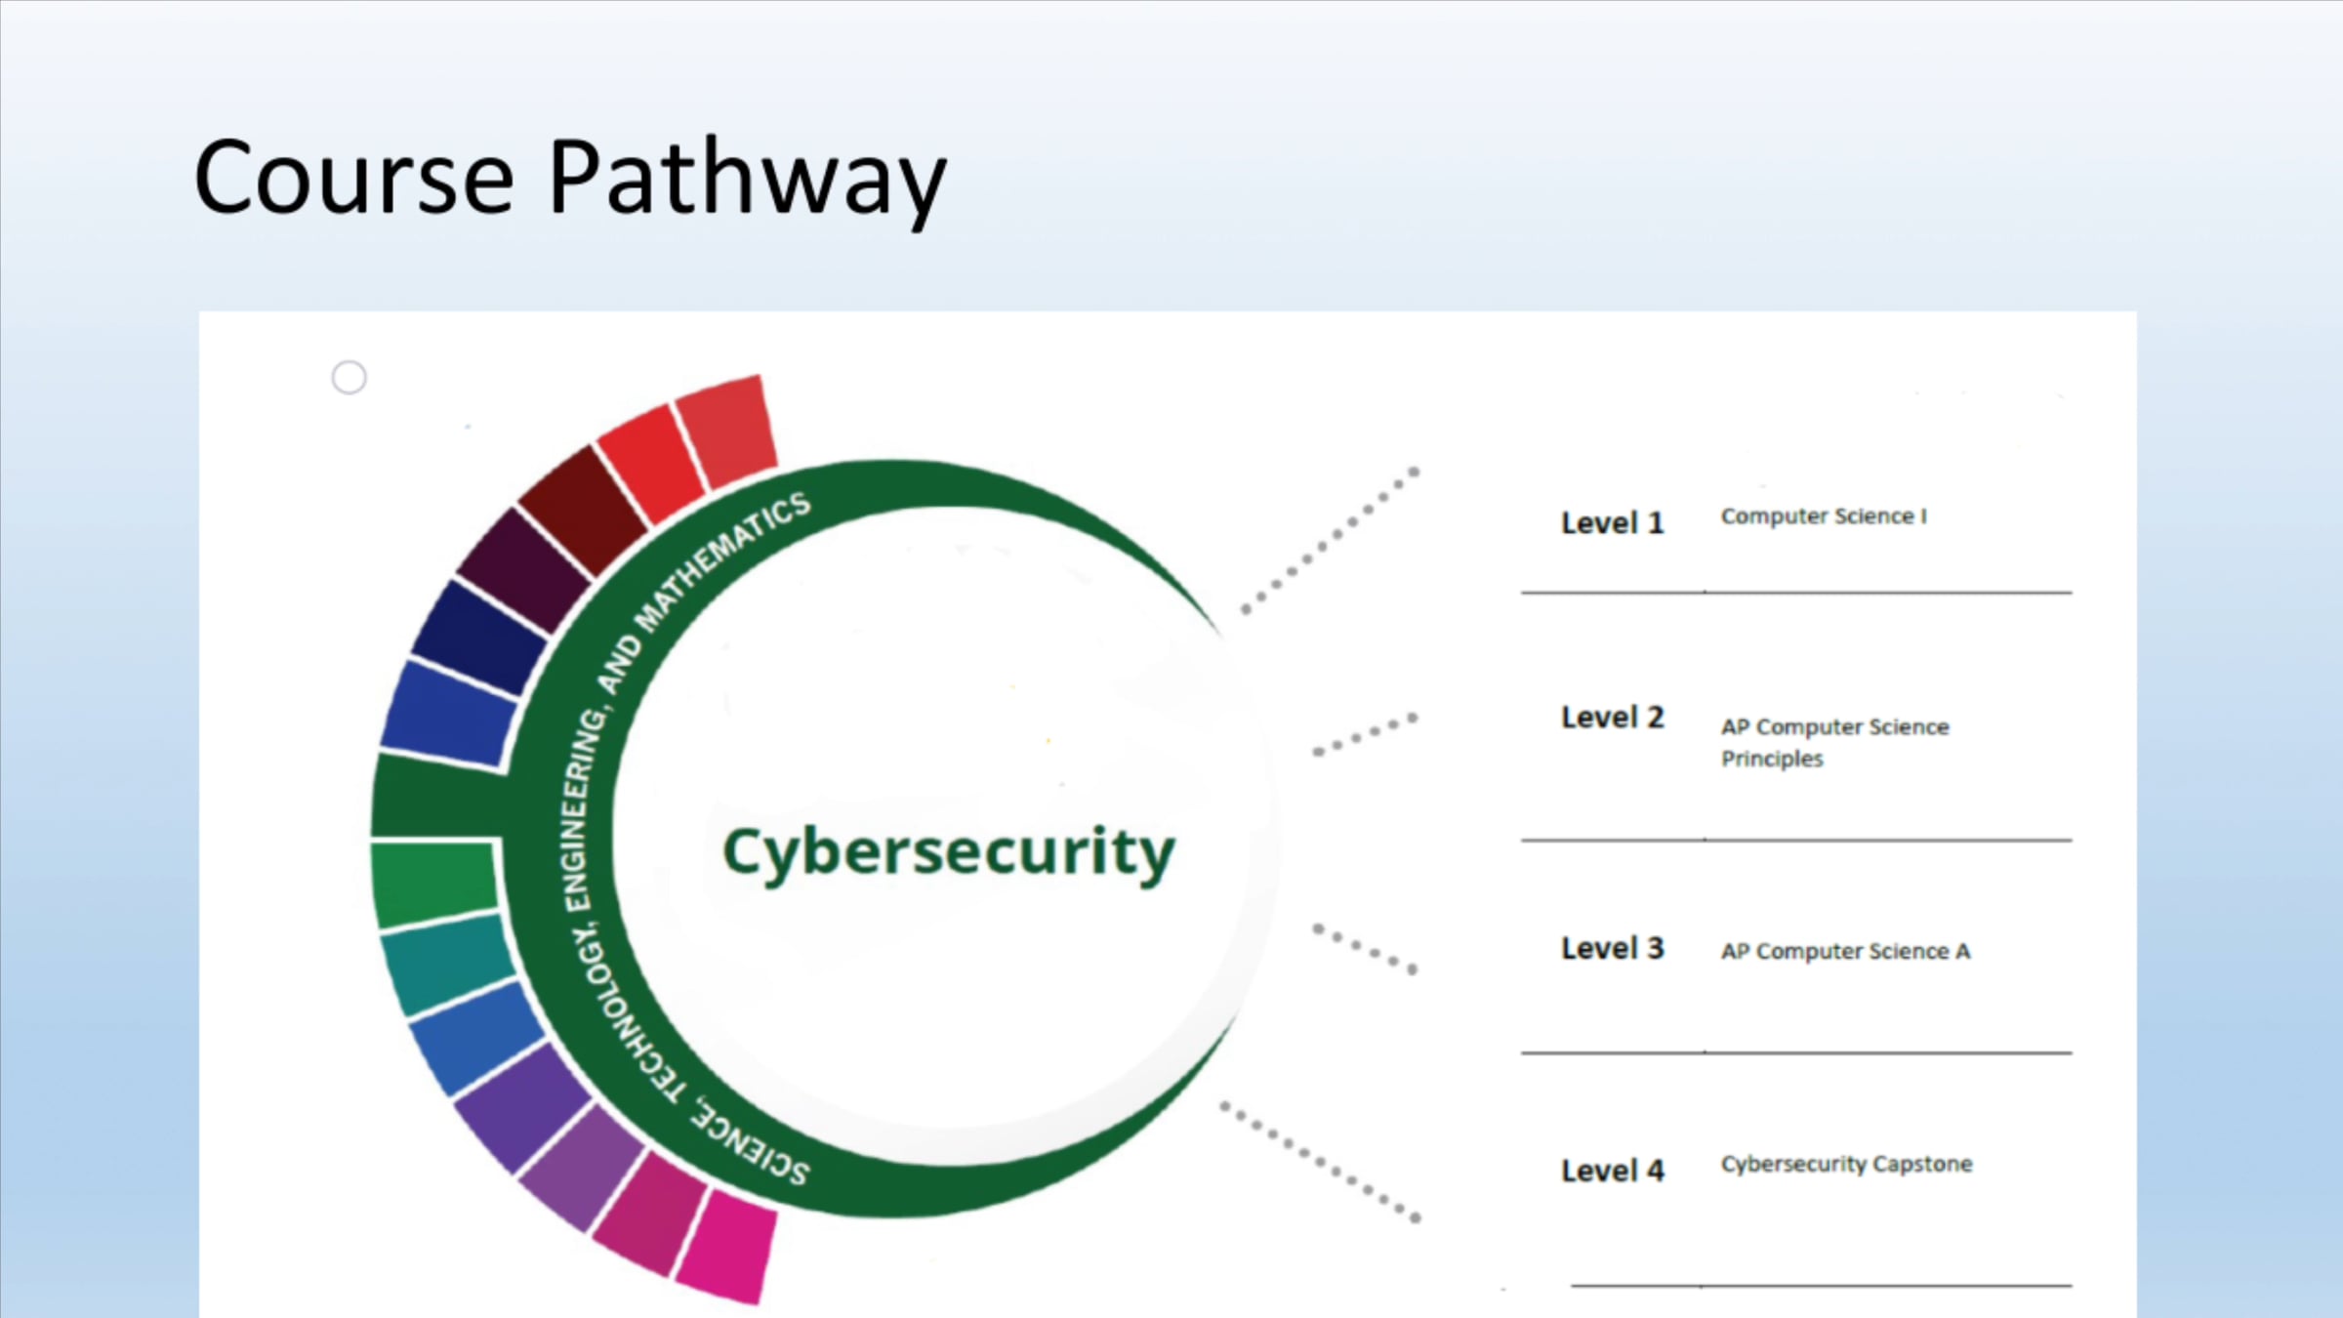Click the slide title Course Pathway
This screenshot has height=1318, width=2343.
click(x=570, y=179)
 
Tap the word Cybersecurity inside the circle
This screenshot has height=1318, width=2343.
click(x=948, y=853)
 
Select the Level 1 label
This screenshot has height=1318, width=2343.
click(x=1612, y=523)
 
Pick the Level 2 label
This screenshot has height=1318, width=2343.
click(x=1612, y=718)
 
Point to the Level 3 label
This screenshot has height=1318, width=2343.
click(x=1612, y=948)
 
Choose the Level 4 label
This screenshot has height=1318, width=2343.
click(x=1612, y=1171)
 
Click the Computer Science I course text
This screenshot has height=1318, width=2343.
click(x=1824, y=516)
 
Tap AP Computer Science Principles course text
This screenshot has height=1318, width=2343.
click(x=1834, y=743)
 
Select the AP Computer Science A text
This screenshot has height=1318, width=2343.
click(x=1845, y=951)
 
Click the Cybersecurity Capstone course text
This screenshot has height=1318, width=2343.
click(x=1846, y=1164)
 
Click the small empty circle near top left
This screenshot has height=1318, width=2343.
click(x=349, y=377)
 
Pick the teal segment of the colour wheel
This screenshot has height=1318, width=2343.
click(x=448, y=962)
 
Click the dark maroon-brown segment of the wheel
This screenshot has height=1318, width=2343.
click(x=585, y=510)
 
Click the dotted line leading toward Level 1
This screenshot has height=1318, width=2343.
click(x=1330, y=541)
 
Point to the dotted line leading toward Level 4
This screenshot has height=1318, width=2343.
click(x=1320, y=1162)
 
